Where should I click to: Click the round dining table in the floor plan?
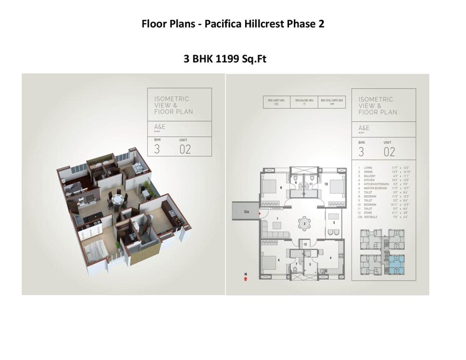pyautogui.click(x=303, y=223)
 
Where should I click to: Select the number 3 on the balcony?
pyautogui.click(x=335, y=222)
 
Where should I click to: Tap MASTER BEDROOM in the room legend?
pyautogui.click(x=373, y=188)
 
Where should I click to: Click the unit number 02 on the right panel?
pyautogui.click(x=389, y=151)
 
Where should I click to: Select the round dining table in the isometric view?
pyautogui.click(x=117, y=198)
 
